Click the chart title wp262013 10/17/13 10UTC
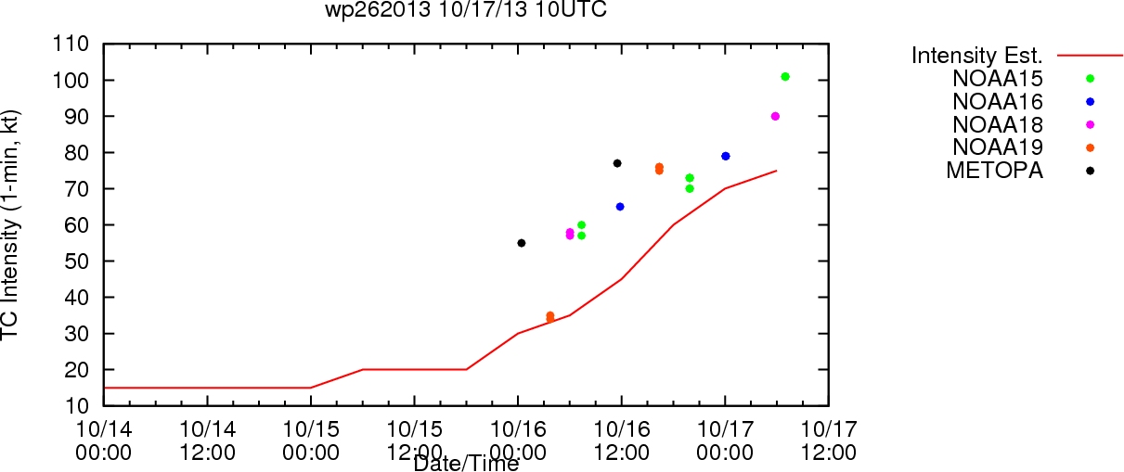click(466, 9)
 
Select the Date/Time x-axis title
click(466, 464)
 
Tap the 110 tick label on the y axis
click(71, 45)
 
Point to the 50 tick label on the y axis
click(77, 262)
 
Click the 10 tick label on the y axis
click(77, 406)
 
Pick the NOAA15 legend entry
click(998, 79)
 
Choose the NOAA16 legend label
click(998, 102)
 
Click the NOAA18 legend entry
click(998, 125)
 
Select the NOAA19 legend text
click(998, 147)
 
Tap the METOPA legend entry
click(995, 171)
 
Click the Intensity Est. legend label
click(977, 56)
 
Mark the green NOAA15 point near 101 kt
click(785, 77)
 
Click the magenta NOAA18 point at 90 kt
click(775, 116)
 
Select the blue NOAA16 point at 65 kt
click(620, 207)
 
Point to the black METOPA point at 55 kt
click(522, 243)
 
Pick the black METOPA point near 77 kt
click(617, 163)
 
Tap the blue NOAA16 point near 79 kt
click(726, 157)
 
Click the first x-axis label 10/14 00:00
click(104, 440)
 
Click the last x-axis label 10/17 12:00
click(829, 440)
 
